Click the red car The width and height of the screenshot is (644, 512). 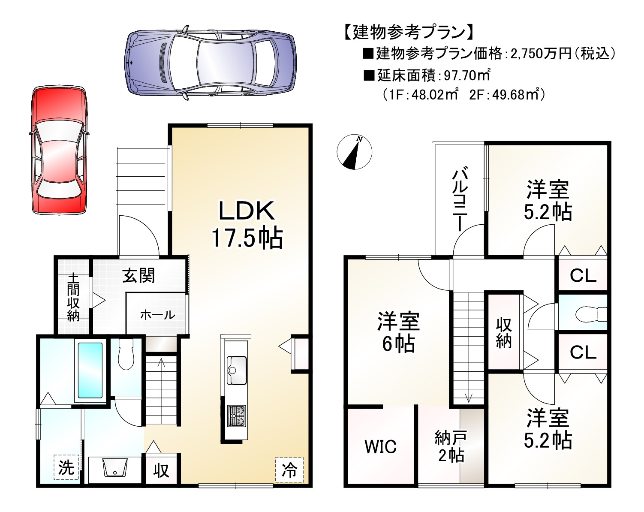tap(59, 150)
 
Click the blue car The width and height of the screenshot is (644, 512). tap(211, 63)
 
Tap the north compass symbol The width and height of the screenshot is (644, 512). tap(354, 152)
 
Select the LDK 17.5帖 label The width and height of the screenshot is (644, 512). tap(247, 224)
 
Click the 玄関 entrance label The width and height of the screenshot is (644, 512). tap(138, 275)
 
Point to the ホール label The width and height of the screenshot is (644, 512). tap(157, 315)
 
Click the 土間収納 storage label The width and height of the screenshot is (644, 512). tap(73, 297)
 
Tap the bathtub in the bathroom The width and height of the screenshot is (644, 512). tap(90, 370)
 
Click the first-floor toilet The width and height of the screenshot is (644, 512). tap(126, 354)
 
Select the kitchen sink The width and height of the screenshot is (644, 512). tap(237, 370)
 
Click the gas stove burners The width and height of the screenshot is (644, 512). tap(237, 416)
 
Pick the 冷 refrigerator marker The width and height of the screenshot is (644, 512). tap(289, 470)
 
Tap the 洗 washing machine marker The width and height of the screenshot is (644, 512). tap(66, 467)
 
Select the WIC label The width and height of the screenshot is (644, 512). tap(380, 447)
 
